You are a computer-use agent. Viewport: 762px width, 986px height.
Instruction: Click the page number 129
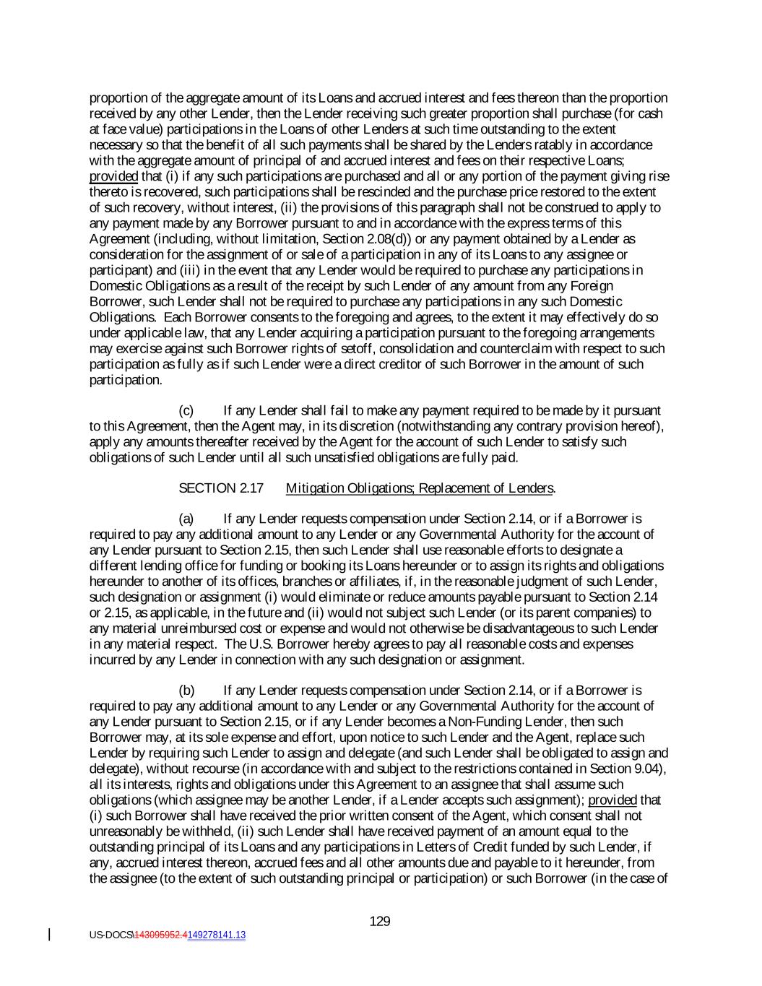click(x=380, y=921)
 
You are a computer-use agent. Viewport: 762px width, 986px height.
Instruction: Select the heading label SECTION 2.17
click(x=221, y=488)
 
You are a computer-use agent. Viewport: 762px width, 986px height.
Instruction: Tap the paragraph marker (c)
click(x=186, y=410)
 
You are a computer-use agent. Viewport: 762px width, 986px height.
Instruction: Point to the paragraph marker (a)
click(x=186, y=519)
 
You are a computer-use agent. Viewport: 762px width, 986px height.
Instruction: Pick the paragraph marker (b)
click(x=186, y=691)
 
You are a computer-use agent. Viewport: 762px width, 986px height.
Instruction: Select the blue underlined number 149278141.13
click(x=216, y=935)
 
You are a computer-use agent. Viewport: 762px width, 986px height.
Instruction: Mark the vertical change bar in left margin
click(x=49, y=935)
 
